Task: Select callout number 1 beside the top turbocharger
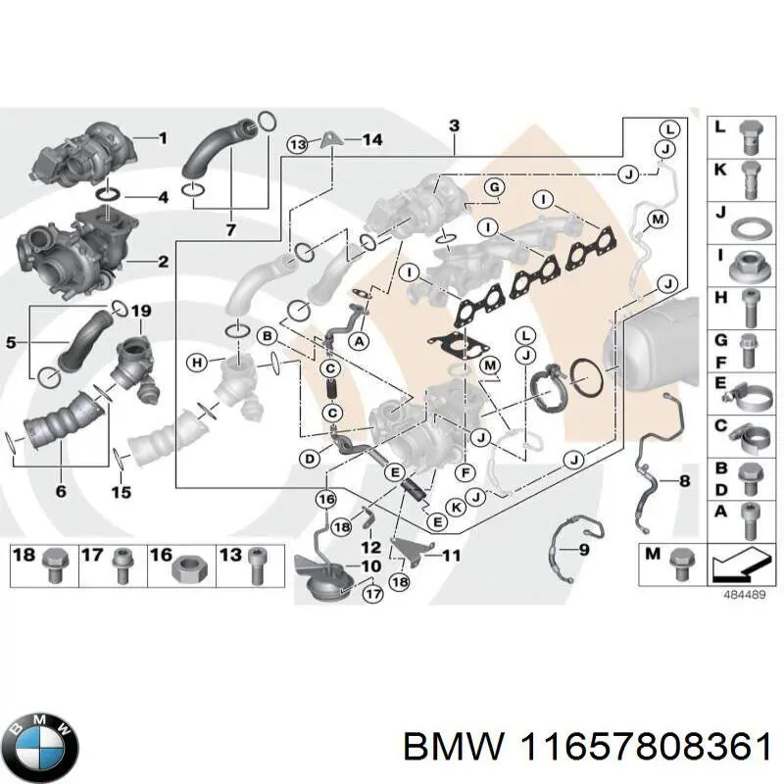point(163,138)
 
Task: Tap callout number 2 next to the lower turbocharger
point(163,261)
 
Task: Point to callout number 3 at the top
point(454,124)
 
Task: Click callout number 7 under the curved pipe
point(230,230)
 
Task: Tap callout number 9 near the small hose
point(584,550)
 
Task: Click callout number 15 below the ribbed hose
point(121,492)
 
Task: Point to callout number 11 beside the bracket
point(450,555)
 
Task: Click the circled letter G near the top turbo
point(494,187)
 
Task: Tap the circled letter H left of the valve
point(198,363)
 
